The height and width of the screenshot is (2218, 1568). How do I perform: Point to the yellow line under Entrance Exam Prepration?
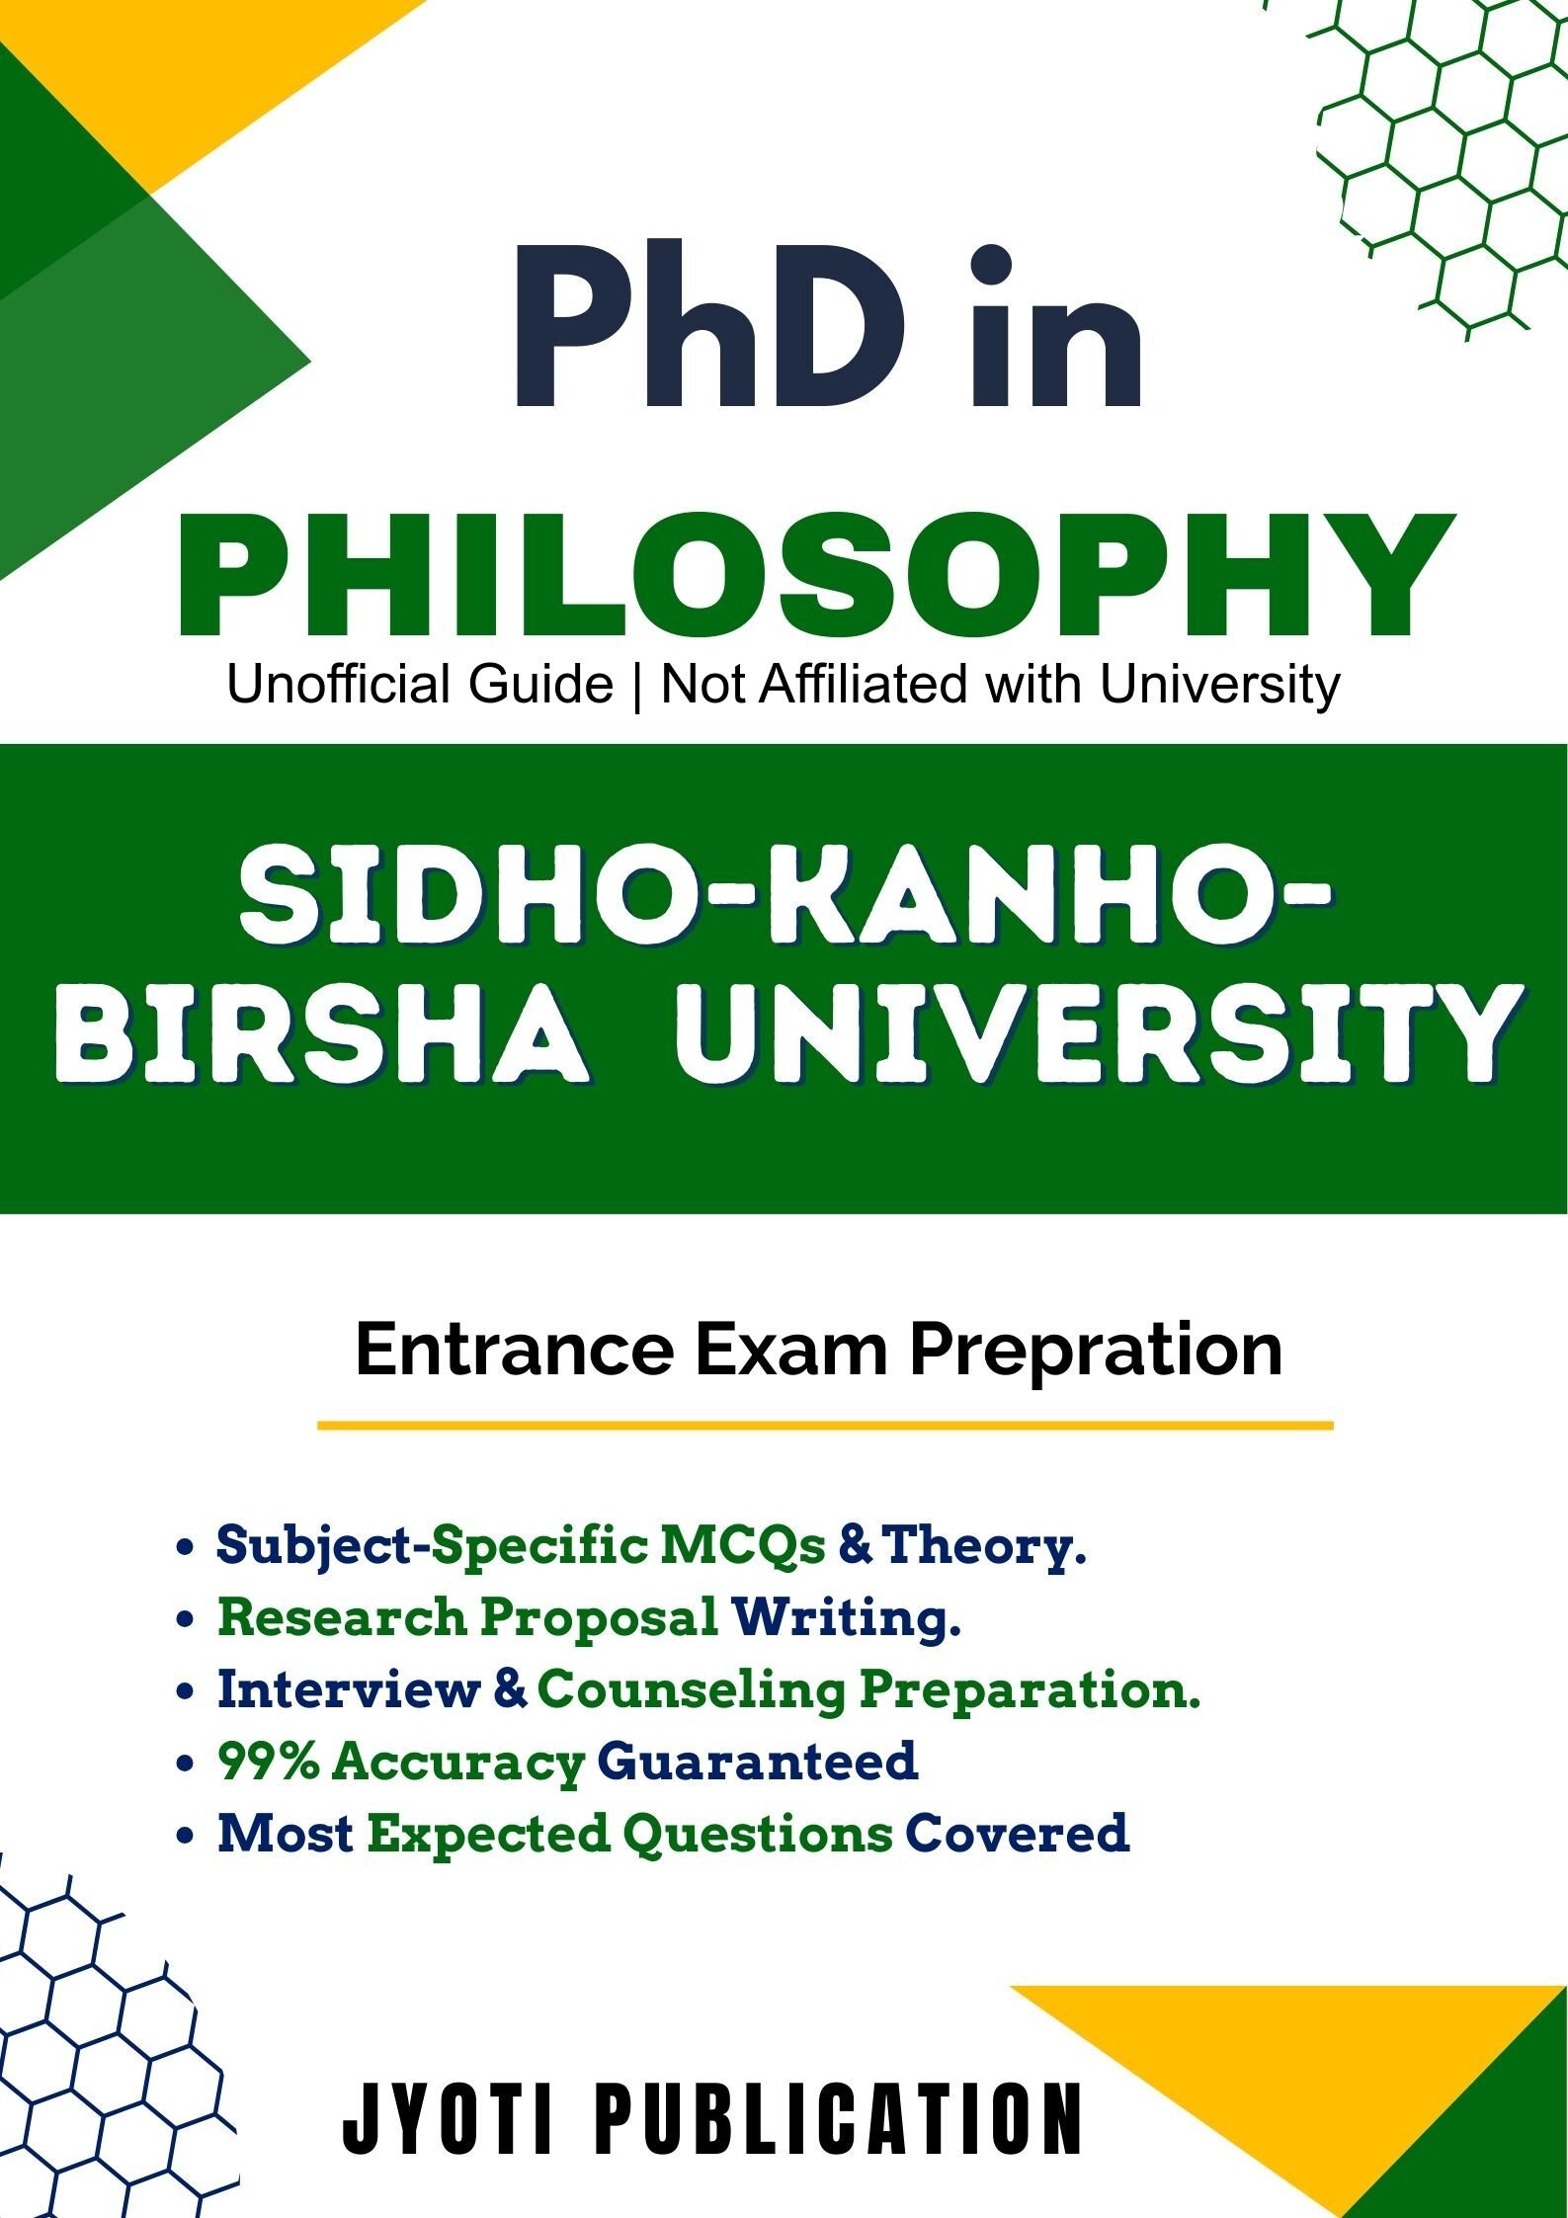[x=825, y=1426]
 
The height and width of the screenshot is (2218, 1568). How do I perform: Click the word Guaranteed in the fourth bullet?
[x=758, y=1762]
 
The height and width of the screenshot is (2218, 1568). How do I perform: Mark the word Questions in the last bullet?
[x=758, y=1834]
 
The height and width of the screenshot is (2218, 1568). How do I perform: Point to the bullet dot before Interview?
[x=184, y=1692]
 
